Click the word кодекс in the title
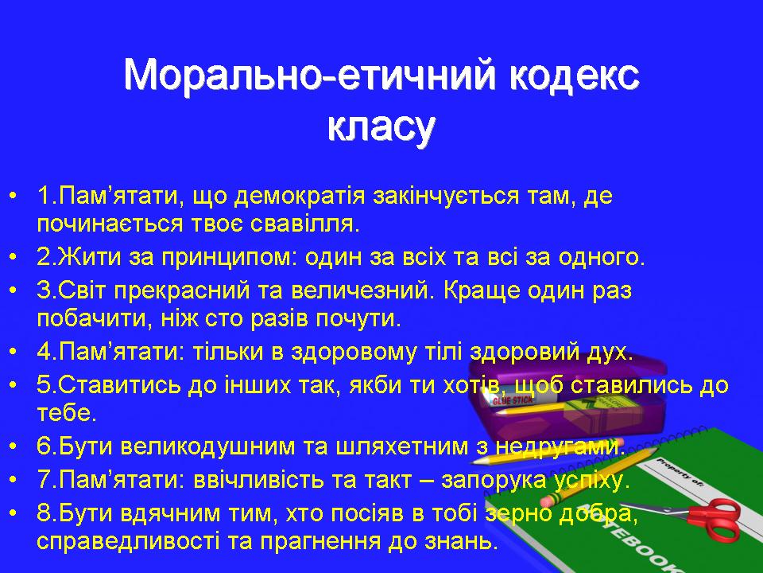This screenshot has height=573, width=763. pos(574,76)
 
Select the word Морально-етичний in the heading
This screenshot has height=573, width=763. pos(309,75)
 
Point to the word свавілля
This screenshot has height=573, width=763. pos(304,224)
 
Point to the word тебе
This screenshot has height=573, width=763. pos(67,413)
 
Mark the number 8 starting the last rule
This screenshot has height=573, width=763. pos(43,513)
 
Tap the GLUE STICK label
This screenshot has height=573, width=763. pos(513,400)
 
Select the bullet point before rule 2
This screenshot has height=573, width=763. pos(14,257)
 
